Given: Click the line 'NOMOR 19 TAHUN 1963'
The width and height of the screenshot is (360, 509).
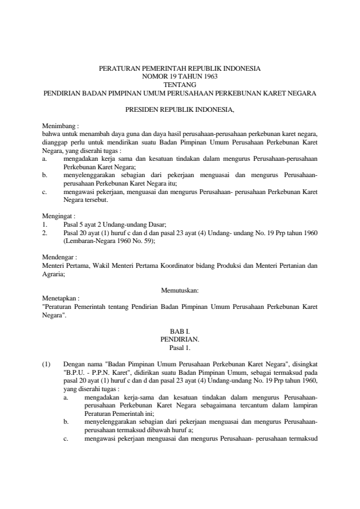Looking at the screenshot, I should click(x=180, y=77).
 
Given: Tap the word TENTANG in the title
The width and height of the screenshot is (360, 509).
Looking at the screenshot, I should click(x=180, y=85).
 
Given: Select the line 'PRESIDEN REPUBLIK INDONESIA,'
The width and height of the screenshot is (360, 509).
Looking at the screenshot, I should click(x=180, y=111).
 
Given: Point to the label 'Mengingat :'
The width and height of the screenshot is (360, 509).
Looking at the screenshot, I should click(x=59, y=215).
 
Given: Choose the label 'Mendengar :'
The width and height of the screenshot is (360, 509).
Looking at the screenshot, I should click(x=59, y=256).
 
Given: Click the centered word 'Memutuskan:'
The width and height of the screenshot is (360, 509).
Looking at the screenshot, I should click(x=180, y=290).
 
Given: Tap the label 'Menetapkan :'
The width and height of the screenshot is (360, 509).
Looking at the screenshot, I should click(x=61, y=298).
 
